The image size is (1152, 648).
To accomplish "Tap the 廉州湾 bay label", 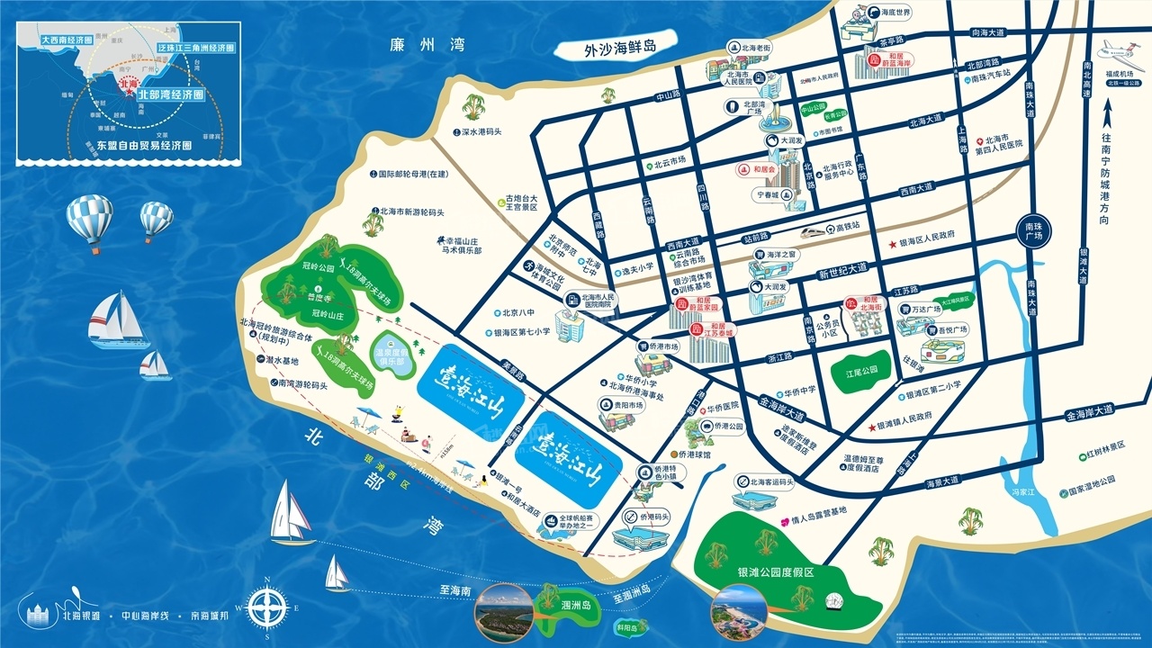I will click(x=420, y=45).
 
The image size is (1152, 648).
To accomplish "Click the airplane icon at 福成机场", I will click(x=1116, y=50).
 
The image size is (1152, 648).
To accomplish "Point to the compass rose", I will click(x=266, y=604).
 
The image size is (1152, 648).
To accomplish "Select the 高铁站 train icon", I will click(x=818, y=229).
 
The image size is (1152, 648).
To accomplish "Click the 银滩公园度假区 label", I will click(x=775, y=572).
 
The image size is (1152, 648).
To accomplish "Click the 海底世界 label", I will click(x=895, y=13).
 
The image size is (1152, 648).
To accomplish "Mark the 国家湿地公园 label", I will click(x=1092, y=492).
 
